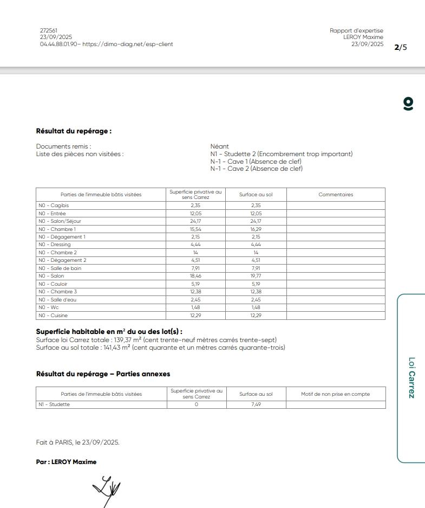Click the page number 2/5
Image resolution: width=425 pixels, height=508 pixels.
pyautogui.click(x=401, y=47)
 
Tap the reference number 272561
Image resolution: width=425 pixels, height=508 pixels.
pyautogui.click(x=49, y=30)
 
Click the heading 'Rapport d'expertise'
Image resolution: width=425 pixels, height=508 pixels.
pyautogui.click(x=356, y=30)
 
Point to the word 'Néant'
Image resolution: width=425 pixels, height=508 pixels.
pyautogui.click(x=219, y=146)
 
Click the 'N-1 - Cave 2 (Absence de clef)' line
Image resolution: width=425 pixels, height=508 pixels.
pyautogui.click(x=256, y=169)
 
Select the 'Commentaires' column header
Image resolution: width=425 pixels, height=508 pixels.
pyautogui.click(x=336, y=195)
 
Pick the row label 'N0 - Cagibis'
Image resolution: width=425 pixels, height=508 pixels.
pyautogui.click(x=53, y=205)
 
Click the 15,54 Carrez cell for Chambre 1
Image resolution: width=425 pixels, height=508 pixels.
pyautogui.click(x=195, y=229)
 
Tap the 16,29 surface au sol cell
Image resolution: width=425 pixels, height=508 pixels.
pyautogui.click(x=256, y=229)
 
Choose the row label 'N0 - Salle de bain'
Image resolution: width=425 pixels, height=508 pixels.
pyautogui.click(x=60, y=268)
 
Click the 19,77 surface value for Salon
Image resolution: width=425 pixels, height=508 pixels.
pyautogui.click(x=256, y=276)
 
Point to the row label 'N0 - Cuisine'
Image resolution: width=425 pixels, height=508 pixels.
pyautogui.click(x=53, y=316)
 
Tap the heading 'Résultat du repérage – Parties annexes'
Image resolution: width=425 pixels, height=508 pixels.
pyautogui.click(x=103, y=374)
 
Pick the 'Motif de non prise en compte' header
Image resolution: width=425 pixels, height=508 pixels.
pyautogui.click(x=336, y=394)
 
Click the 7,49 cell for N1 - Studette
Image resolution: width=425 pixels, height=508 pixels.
pyautogui.click(x=256, y=404)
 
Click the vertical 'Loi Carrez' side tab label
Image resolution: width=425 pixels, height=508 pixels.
pyautogui.click(x=411, y=377)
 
